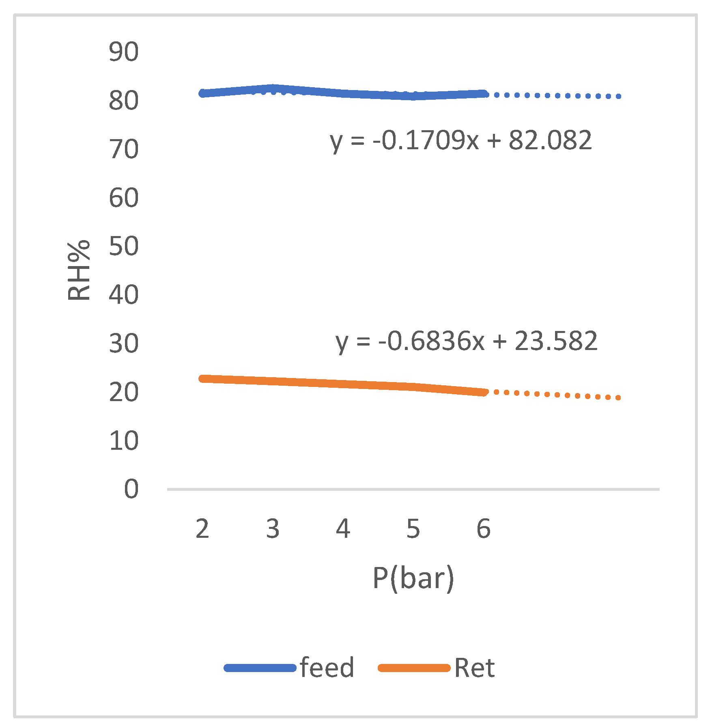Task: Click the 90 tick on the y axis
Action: pyautogui.click(x=123, y=52)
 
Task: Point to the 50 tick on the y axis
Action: pyautogui.click(x=123, y=246)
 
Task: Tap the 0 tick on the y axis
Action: pyautogui.click(x=131, y=489)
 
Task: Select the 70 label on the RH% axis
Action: pyautogui.click(x=123, y=149)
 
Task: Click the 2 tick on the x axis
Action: pyautogui.click(x=202, y=529)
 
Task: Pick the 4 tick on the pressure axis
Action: pyautogui.click(x=343, y=529)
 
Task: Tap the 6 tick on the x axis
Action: pyautogui.click(x=483, y=529)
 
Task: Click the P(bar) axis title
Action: pyautogui.click(x=413, y=578)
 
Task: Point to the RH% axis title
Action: pyautogui.click(x=79, y=271)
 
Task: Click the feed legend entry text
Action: pyautogui.click(x=327, y=668)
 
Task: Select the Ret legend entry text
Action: pyautogui.click(x=474, y=668)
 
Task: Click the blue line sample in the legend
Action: pyautogui.click(x=260, y=668)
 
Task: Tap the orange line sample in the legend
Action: pyautogui.click(x=414, y=668)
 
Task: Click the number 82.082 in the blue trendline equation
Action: pyautogui.click(x=550, y=140)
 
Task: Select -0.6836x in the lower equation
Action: pyautogui.click(x=431, y=341)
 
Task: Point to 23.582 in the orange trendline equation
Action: pyautogui.click(x=556, y=341)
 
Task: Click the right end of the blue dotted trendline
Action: pyautogui.click(x=618, y=97)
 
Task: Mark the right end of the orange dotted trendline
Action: pyautogui.click(x=618, y=398)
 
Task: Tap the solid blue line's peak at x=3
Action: pyautogui.click(x=273, y=88)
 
